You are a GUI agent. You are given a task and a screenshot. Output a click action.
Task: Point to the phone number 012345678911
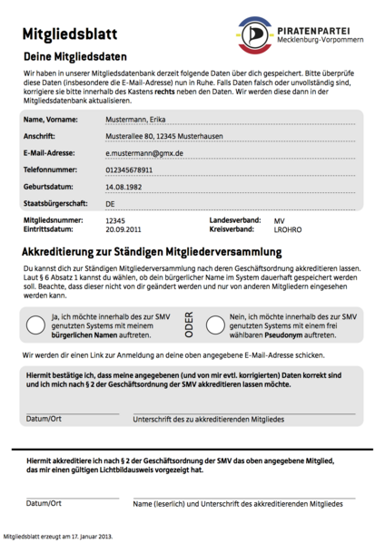pos(135,170)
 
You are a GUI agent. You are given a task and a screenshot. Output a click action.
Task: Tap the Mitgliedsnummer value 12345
pos(115,220)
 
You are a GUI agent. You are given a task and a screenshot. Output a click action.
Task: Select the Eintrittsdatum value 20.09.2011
pos(123,230)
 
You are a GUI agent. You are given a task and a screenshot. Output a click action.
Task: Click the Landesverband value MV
pos(279,220)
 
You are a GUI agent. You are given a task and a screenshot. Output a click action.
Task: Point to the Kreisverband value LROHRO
pos(288,230)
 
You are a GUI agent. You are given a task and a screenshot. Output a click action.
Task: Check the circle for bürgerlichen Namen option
pos(35,325)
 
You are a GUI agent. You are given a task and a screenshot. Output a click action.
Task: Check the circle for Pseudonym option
pos(215,325)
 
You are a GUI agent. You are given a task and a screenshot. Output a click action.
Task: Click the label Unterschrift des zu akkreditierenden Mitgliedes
pos(209,420)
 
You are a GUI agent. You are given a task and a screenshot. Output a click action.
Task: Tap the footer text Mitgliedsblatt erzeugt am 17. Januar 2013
pos(59,536)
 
